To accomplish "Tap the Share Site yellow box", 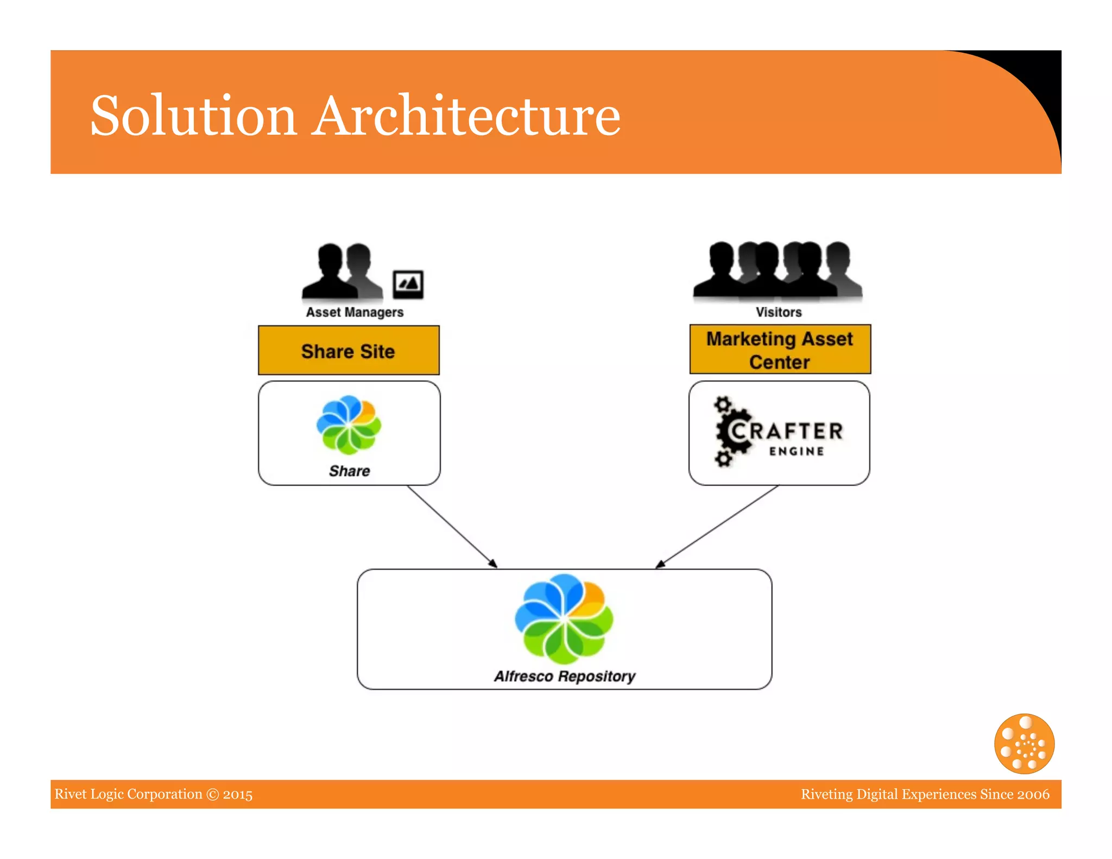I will coord(349,351).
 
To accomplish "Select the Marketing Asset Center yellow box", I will coord(780,350).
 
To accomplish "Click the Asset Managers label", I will coord(355,312).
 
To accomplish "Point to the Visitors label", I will coord(779,312).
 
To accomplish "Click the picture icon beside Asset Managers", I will coord(408,284).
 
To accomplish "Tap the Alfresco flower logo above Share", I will coord(349,425).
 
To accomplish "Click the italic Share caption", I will coord(349,471).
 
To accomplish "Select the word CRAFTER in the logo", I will coord(787,431).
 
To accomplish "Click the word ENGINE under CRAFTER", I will coord(797,451).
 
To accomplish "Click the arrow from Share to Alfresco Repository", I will coord(452,526).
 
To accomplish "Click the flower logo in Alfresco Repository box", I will coord(564,619).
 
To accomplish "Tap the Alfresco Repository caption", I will coord(564,676).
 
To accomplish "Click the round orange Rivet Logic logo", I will coord(1024,743).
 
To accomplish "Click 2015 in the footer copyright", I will coord(238,794).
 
